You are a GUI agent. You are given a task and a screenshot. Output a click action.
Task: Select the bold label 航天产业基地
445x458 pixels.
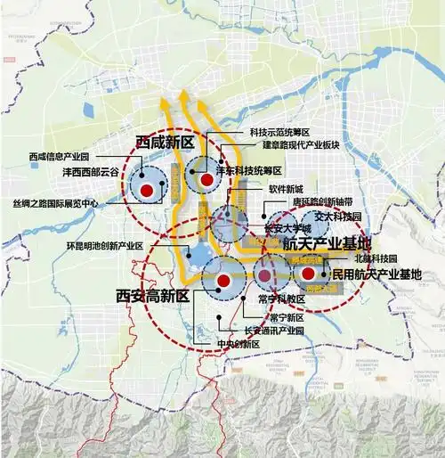[x=327, y=242]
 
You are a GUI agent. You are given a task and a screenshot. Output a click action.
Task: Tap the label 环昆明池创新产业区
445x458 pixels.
[x=105, y=245]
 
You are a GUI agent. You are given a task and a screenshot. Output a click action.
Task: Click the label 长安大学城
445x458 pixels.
[x=283, y=227]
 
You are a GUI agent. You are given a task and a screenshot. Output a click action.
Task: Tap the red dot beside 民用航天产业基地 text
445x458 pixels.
[x=308, y=274]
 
